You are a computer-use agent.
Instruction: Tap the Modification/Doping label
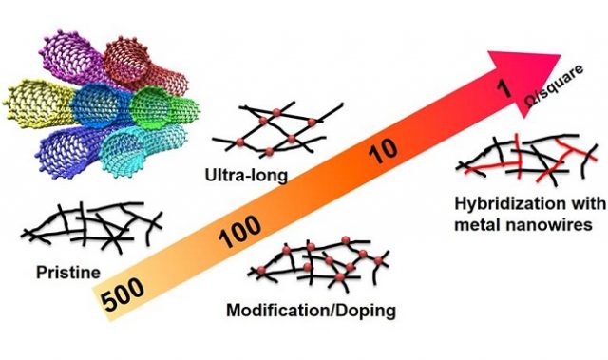point(311,310)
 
